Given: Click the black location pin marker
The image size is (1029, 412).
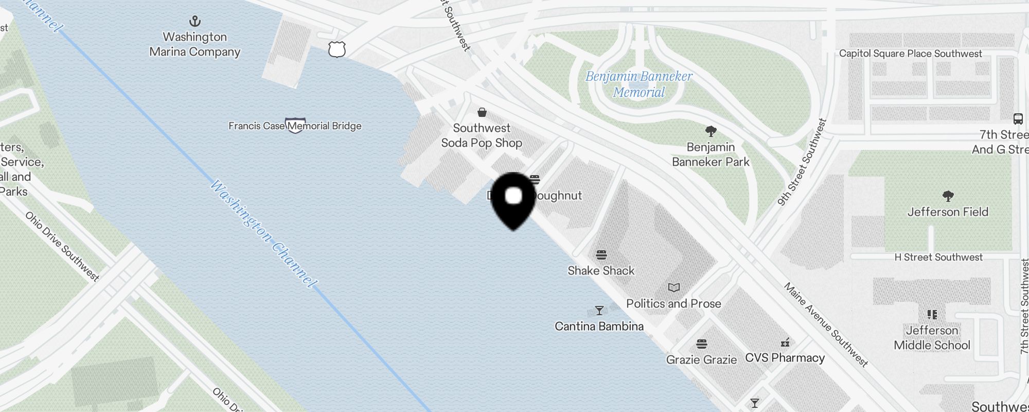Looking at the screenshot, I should [x=513, y=199].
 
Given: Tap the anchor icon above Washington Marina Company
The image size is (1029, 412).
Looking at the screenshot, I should [x=195, y=22].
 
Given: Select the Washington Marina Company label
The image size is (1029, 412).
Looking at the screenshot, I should [x=195, y=44].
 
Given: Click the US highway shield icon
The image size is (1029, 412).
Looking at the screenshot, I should [x=336, y=49].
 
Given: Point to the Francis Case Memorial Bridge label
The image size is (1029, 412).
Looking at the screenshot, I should [x=295, y=126].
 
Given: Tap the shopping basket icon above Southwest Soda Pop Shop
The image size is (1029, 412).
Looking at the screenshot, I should [x=482, y=112].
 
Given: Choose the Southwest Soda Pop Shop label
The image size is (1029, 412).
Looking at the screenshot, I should [x=482, y=135].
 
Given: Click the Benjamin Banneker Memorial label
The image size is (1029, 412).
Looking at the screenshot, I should [x=639, y=84].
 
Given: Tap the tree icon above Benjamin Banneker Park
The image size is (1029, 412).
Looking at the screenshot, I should [x=711, y=131].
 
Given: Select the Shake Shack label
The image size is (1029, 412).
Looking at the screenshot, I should [x=601, y=270].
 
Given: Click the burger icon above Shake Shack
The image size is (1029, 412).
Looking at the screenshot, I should [x=601, y=254].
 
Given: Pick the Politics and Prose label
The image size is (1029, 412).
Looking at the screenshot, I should [x=673, y=303].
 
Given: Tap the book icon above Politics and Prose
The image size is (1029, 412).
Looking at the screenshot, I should [x=674, y=287].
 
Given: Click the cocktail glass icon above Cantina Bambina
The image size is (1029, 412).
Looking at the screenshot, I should [x=599, y=311].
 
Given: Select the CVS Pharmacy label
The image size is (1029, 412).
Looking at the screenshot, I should [x=785, y=358].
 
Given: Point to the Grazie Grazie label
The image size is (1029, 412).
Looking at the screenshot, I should [x=701, y=359].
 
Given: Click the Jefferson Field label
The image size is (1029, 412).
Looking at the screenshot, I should [x=948, y=212].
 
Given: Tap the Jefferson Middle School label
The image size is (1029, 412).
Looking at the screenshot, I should [x=932, y=338].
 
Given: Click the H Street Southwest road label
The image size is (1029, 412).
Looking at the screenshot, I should [x=938, y=257].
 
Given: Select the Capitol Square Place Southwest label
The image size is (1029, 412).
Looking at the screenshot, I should [x=911, y=54].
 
